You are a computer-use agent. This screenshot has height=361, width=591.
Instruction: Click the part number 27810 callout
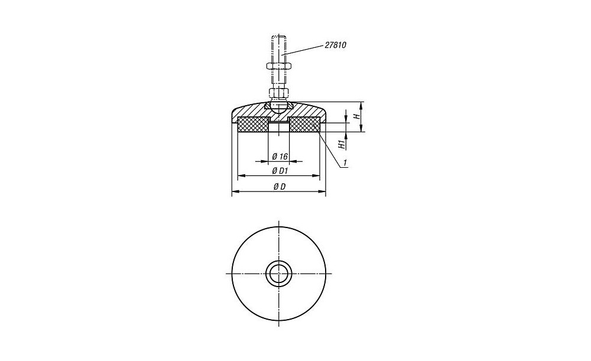tap(335, 45)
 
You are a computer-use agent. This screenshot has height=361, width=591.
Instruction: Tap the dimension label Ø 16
tap(280, 156)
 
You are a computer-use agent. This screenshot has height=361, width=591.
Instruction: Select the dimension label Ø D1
tap(280, 171)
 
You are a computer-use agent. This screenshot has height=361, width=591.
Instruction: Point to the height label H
tap(355, 116)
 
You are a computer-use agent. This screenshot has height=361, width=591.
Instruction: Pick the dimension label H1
tap(342, 144)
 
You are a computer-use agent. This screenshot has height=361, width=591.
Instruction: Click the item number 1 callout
tap(345, 163)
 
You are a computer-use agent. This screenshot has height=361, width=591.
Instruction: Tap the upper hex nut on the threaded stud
tap(278, 66)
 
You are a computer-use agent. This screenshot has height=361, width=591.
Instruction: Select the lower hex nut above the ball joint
tap(278, 93)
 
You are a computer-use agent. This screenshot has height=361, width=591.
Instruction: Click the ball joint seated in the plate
tap(278, 106)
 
